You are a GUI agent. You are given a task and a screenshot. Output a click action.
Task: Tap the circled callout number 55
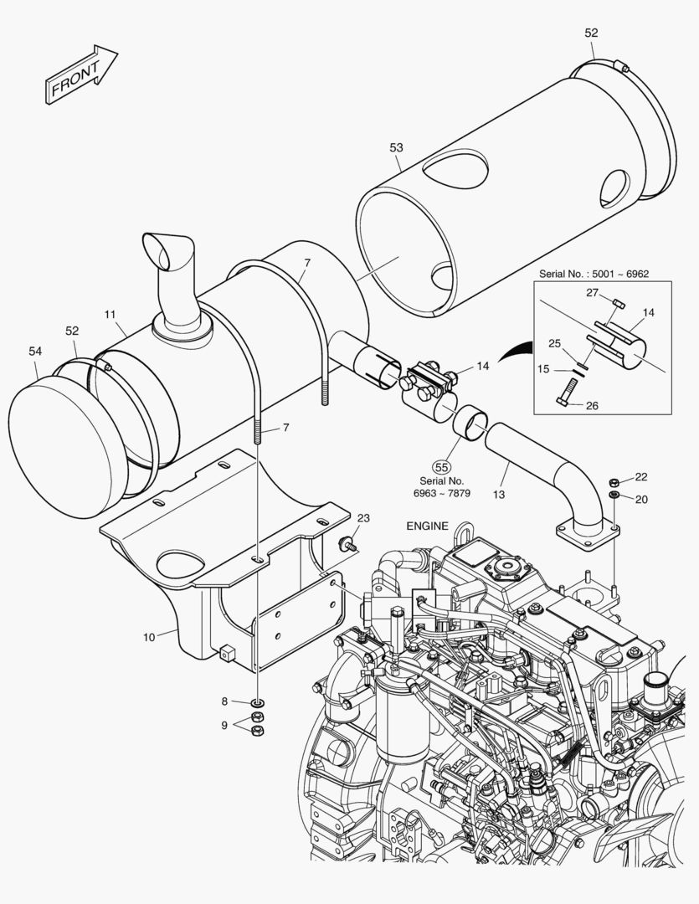[441, 467]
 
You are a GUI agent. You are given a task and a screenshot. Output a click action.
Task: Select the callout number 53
[396, 147]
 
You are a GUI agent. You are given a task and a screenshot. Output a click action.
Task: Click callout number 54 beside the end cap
[34, 352]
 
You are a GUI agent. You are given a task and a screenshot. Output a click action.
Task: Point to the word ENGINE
[428, 526]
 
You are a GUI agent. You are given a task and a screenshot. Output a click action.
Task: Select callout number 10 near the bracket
[148, 637]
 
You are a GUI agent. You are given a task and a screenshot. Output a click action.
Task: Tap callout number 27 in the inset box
[591, 292]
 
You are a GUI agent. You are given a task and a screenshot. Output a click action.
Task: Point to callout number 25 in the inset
[554, 344]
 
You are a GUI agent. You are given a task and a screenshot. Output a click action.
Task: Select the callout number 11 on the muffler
[110, 314]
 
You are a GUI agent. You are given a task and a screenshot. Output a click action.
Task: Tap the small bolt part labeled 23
[345, 545]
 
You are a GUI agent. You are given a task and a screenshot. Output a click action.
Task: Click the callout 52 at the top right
[591, 33]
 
